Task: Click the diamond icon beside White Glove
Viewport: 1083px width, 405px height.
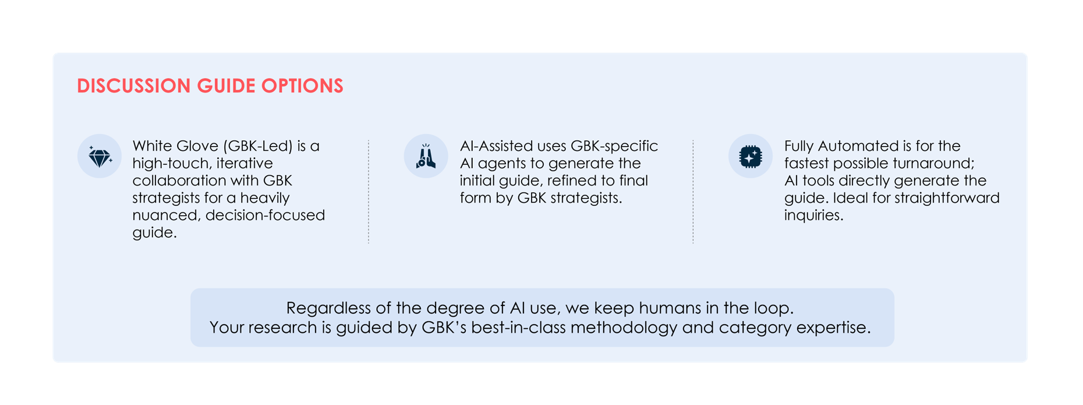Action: (x=100, y=157)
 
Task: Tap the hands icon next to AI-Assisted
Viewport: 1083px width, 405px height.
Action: (x=426, y=157)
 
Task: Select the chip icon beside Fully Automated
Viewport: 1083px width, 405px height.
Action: (x=751, y=157)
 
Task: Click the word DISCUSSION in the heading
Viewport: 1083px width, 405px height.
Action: (x=134, y=86)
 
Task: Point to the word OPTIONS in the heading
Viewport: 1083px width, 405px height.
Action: (x=302, y=86)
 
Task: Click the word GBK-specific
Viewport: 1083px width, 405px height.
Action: (x=614, y=146)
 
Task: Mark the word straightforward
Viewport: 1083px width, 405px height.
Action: (x=947, y=198)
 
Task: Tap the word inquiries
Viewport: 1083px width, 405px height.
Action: (x=813, y=215)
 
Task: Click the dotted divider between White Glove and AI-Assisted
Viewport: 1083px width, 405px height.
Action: (x=369, y=191)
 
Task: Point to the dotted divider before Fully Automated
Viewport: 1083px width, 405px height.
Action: (x=693, y=191)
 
